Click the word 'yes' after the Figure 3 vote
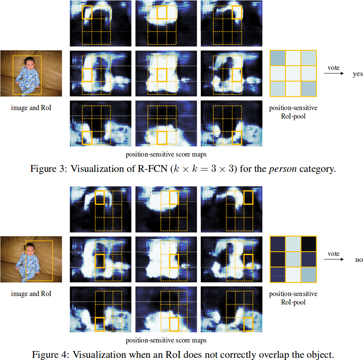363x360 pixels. [357, 74]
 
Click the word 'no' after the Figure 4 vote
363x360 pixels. [359, 260]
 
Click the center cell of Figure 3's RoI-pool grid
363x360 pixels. [293, 74]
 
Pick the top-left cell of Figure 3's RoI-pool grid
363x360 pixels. [277, 58]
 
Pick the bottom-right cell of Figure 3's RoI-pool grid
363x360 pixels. [309, 90]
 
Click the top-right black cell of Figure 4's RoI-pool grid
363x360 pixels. [308, 244]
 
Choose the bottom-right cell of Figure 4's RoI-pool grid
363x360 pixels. [308, 275]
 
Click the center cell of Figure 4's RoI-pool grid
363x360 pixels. [293, 259]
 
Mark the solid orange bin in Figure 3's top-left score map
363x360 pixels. [87, 12]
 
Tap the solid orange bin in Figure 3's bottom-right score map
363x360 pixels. [237, 138]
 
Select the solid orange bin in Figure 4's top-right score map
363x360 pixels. [248, 197]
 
